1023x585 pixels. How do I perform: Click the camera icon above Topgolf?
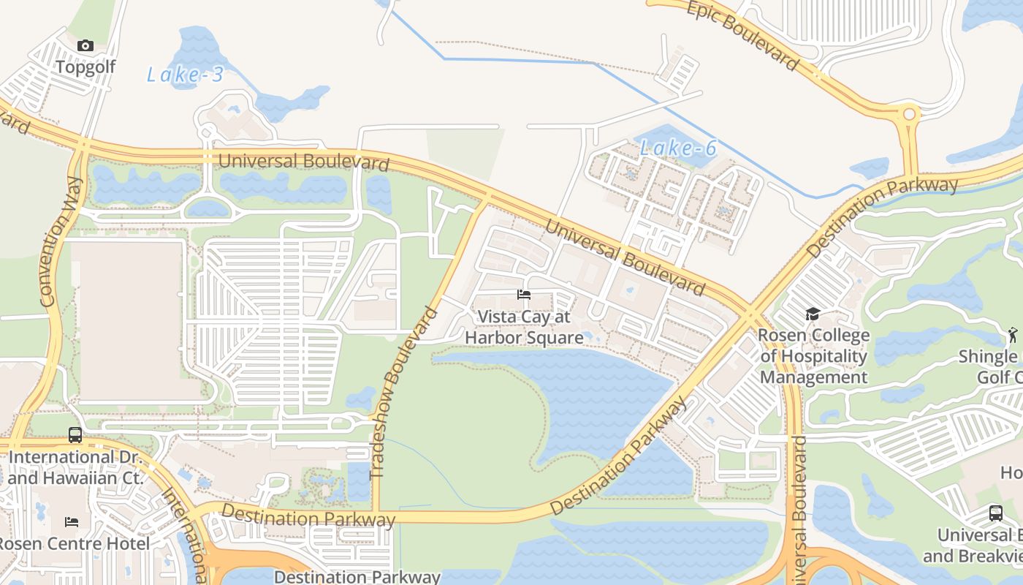(85, 46)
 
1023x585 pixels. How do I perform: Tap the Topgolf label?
(85, 67)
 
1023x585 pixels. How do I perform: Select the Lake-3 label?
(185, 75)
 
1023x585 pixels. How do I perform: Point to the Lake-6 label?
(678, 148)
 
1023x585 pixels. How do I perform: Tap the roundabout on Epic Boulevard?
(910, 114)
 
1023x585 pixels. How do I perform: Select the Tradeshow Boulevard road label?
(404, 393)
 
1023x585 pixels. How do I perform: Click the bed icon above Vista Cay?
(523, 295)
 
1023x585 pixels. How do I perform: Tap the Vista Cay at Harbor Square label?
(524, 327)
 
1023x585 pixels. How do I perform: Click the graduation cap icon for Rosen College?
(813, 314)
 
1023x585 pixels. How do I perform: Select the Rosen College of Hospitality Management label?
(813, 356)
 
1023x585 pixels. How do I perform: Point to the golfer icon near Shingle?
(1012, 335)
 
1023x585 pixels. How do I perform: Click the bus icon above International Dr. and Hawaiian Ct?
(75, 435)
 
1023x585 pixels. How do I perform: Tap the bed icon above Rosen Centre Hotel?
(72, 522)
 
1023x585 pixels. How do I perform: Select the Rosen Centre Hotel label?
(73, 544)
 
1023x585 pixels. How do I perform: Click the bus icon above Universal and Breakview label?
(995, 513)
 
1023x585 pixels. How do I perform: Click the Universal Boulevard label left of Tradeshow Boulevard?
(303, 161)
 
